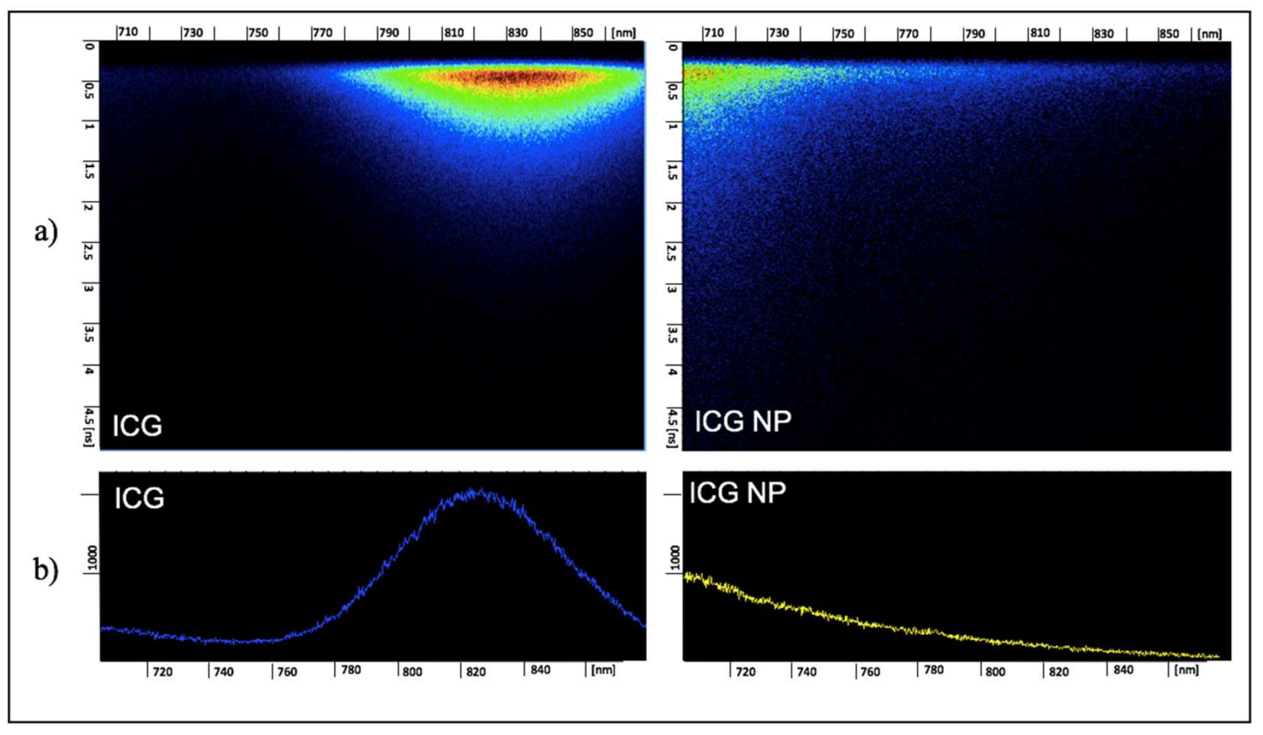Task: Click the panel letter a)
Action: (x=46, y=232)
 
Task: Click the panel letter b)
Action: (x=46, y=569)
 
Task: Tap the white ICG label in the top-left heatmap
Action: (x=137, y=425)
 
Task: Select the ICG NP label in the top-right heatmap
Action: (x=742, y=421)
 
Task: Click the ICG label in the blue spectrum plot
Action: (x=139, y=498)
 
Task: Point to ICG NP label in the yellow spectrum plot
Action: (x=737, y=492)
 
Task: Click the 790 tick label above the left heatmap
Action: (x=389, y=32)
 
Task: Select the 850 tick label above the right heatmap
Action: (x=1168, y=33)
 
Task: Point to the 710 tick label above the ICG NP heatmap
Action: (x=713, y=33)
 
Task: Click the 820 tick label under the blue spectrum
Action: (x=476, y=672)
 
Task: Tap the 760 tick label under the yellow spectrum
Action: (x=870, y=672)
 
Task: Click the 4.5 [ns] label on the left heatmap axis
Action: (x=89, y=427)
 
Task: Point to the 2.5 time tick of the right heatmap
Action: (x=672, y=252)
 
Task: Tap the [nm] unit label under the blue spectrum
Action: (x=603, y=670)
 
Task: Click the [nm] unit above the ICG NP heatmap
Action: (x=1211, y=33)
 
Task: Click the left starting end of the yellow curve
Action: (x=686, y=577)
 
